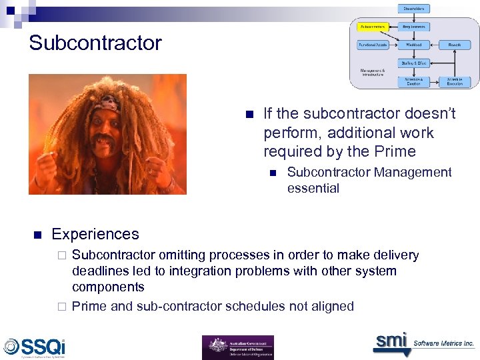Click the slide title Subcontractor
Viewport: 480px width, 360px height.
[95, 43]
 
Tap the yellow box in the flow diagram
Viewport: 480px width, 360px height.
[373, 27]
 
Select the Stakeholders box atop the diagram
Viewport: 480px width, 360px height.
[414, 9]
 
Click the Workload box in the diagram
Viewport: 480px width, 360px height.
[414, 45]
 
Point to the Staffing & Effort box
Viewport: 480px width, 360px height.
[414, 63]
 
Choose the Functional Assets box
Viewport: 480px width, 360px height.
[373, 45]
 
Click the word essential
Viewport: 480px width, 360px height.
[313, 188]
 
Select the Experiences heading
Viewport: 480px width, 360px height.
[95, 234]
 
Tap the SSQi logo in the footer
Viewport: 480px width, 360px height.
[35, 347]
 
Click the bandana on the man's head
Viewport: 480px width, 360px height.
[106, 103]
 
